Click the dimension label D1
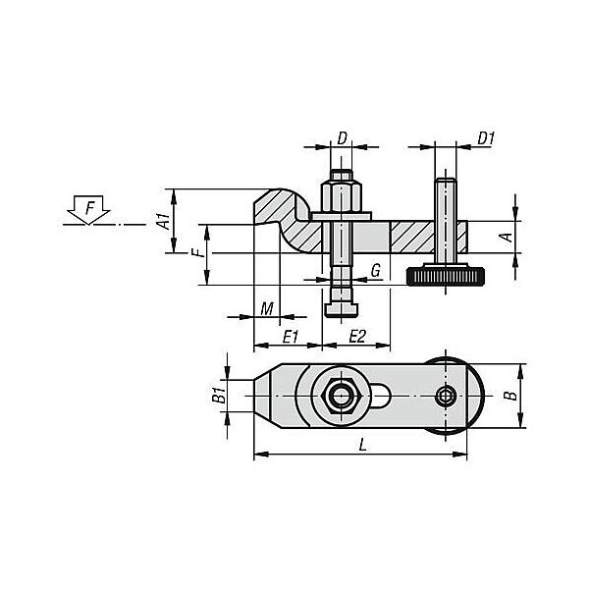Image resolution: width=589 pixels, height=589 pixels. (x=486, y=138)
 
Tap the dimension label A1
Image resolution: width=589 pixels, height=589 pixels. (x=163, y=221)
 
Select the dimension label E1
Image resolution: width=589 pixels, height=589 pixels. (x=291, y=337)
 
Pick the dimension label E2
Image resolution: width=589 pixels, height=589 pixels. (x=357, y=337)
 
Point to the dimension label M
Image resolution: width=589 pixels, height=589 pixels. (x=267, y=309)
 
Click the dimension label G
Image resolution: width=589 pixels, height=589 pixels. (x=376, y=271)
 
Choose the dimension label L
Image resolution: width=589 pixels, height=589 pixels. (x=362, y=446)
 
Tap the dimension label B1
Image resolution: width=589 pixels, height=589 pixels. (x=219, y=396)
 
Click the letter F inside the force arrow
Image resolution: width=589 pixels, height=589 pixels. (x=89, y=208)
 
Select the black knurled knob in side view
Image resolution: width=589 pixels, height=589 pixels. (x=445, y=276)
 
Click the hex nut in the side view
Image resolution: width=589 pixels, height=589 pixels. (x=341, y=197)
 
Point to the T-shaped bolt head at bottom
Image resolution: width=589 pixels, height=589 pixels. (x=341, y=309)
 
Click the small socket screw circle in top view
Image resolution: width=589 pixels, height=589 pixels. (x=446, y=397)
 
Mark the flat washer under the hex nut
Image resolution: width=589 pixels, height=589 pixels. (x=342, y=217)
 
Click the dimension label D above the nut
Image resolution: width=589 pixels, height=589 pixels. (x=342, y=138)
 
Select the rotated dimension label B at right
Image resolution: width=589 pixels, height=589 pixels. (x=510, y=396)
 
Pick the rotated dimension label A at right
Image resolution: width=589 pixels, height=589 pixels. (x=507, y=237)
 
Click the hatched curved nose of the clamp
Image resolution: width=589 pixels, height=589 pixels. (x=282, y=215)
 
